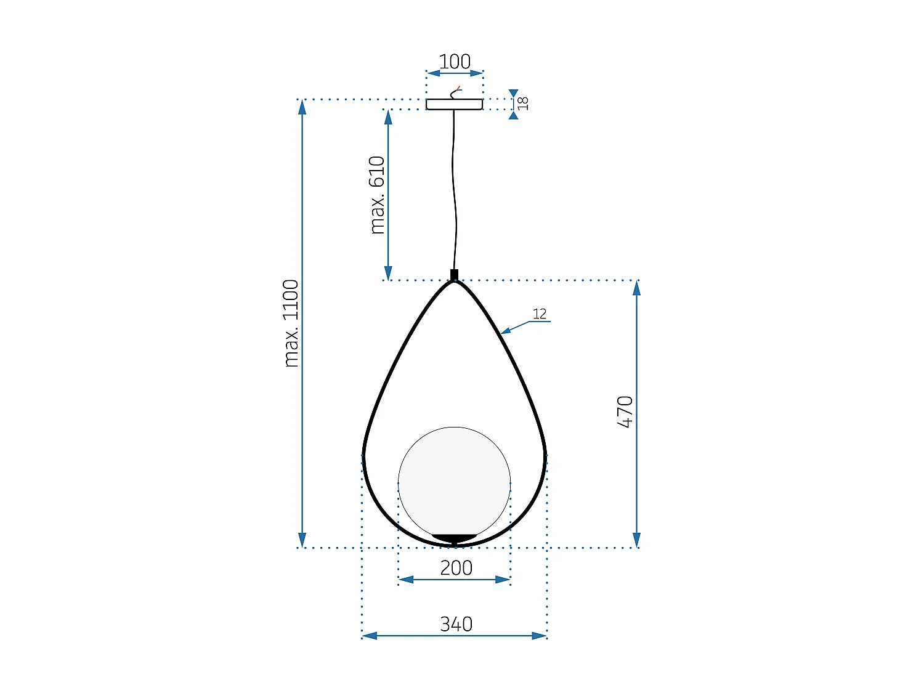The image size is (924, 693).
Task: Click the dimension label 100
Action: (x=455, y=62)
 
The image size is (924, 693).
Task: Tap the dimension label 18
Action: (x=523, y=103)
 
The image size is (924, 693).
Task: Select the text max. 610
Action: (x=377, y=195)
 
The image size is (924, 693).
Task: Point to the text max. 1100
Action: (x=291, y=323)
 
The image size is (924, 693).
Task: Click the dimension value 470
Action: (x=625, y=412)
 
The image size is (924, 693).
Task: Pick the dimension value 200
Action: (x=456, y=567)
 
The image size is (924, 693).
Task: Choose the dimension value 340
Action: (x=456, y=624)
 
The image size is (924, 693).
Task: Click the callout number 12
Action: (x=540, y=314)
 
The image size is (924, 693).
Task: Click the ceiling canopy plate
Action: (x=454, y=105)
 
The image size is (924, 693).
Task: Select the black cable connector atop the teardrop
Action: (x=454, y=275)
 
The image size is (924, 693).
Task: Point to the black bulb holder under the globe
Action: (x=454, y=538)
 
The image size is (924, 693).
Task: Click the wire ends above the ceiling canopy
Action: (x=456, y=92)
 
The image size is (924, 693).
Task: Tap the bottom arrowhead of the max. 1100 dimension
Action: (x=302, y=540)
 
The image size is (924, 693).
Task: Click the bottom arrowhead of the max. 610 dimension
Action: (x=388, y=273)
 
